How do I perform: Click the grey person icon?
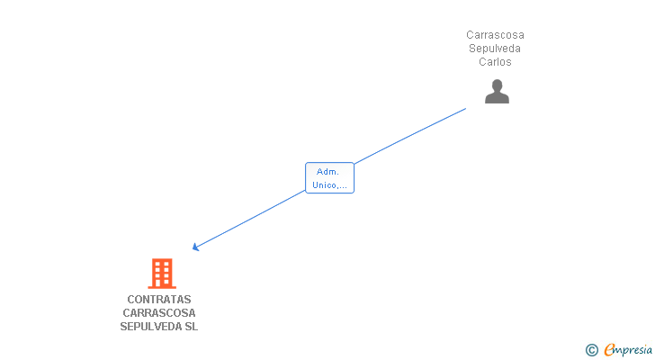[x=497, y=92]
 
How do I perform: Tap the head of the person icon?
[x=497, y=85]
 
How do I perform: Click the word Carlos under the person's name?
[x=495, y=62]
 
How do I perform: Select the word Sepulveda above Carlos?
[x=495, y=49]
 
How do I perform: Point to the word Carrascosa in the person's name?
[x=495, y=35]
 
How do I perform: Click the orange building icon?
[x=161, y=273]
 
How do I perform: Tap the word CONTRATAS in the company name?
[x=159, y=300]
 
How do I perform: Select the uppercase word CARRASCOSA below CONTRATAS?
[x=159, y=313]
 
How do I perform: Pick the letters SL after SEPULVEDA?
[x=191, y=327]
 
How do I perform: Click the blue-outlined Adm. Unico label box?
[x=329, y=178]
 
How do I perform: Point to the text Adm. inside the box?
[x=328, y=171]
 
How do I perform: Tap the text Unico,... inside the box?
[x=329, y=185]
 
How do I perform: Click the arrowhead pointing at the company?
[x=195, y=247]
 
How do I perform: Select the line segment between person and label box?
[x=410, y=136]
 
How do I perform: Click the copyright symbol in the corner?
[x=591, y=350]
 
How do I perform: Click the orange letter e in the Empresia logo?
[x=610, y=350]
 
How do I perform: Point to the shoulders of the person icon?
[x=497, y=98]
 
